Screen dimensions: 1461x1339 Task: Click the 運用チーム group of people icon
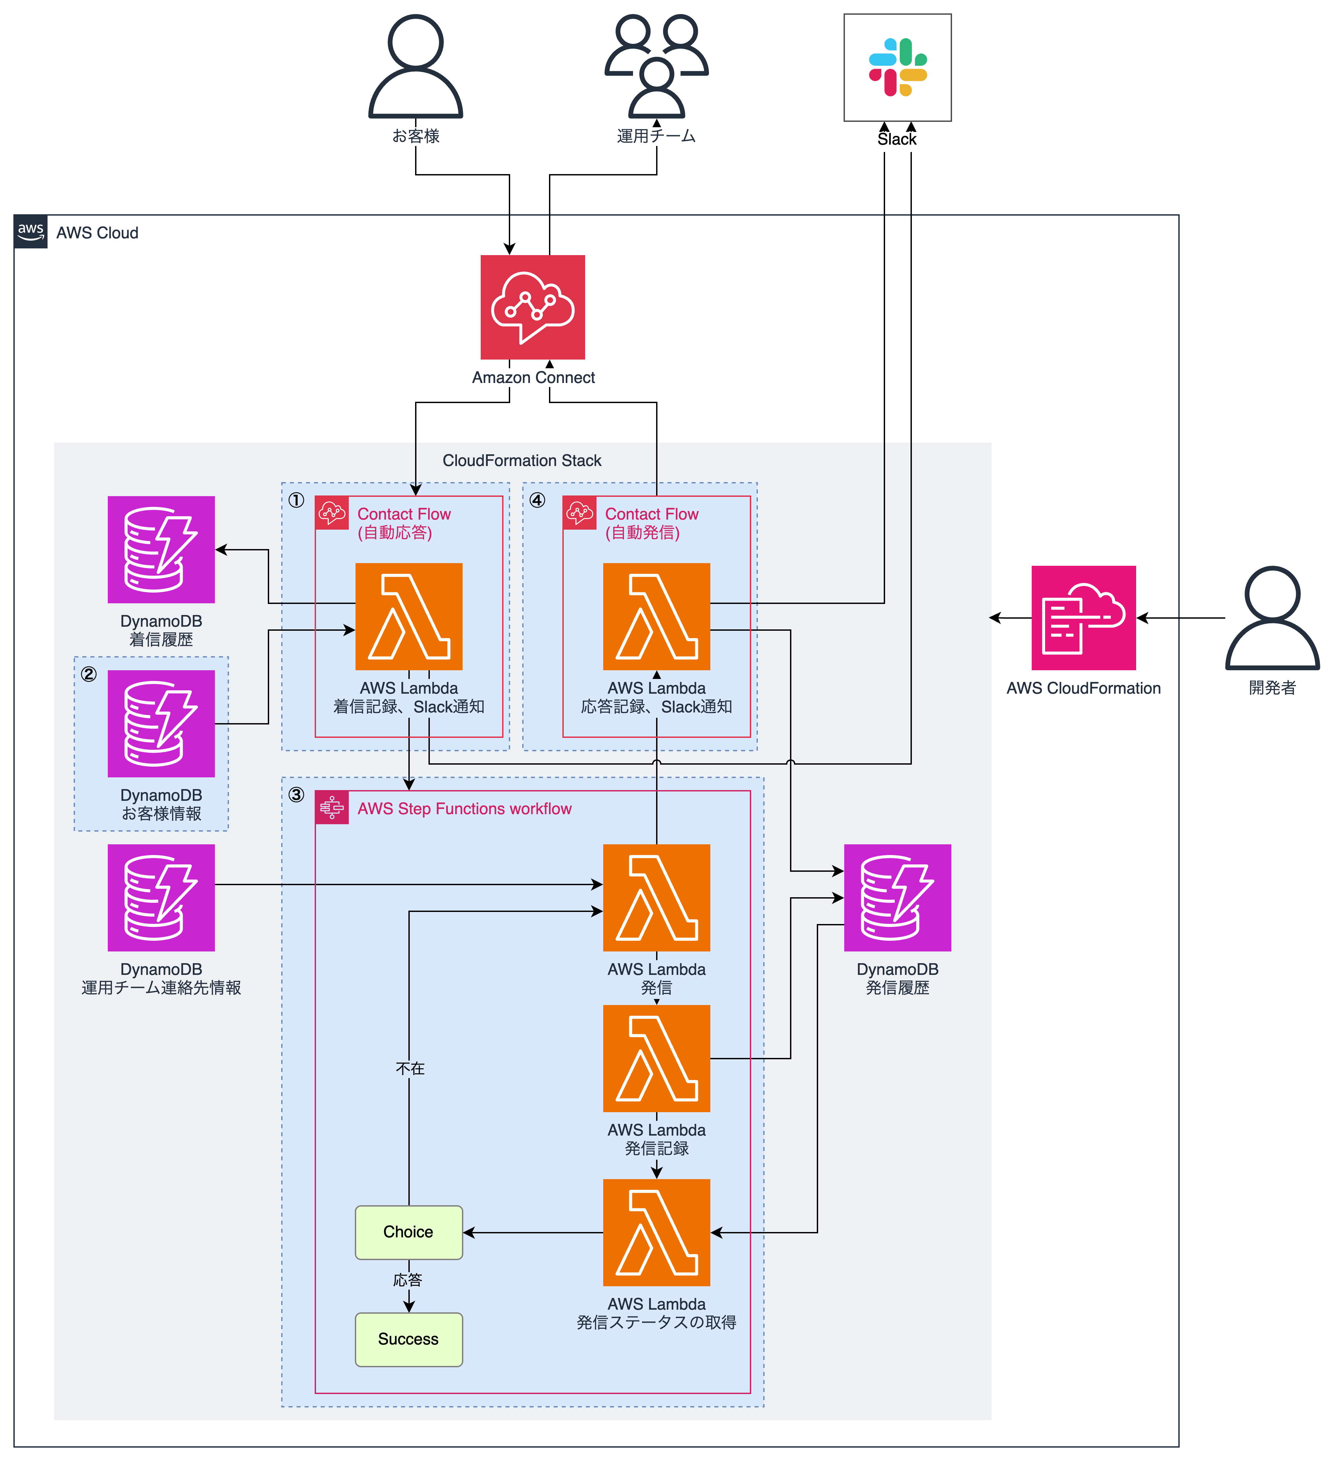656,67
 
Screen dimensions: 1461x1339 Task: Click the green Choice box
409,1232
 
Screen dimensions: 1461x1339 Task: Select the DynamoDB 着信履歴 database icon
161,549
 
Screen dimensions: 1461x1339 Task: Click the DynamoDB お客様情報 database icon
161,723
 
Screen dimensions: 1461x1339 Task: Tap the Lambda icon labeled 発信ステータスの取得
656,1232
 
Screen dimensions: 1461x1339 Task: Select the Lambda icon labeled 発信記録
656,1058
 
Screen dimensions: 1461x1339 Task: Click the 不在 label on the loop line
410,1068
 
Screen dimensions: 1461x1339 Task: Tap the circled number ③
296,794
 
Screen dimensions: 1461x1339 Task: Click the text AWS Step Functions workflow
464,809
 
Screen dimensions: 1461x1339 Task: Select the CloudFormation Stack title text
522,460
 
